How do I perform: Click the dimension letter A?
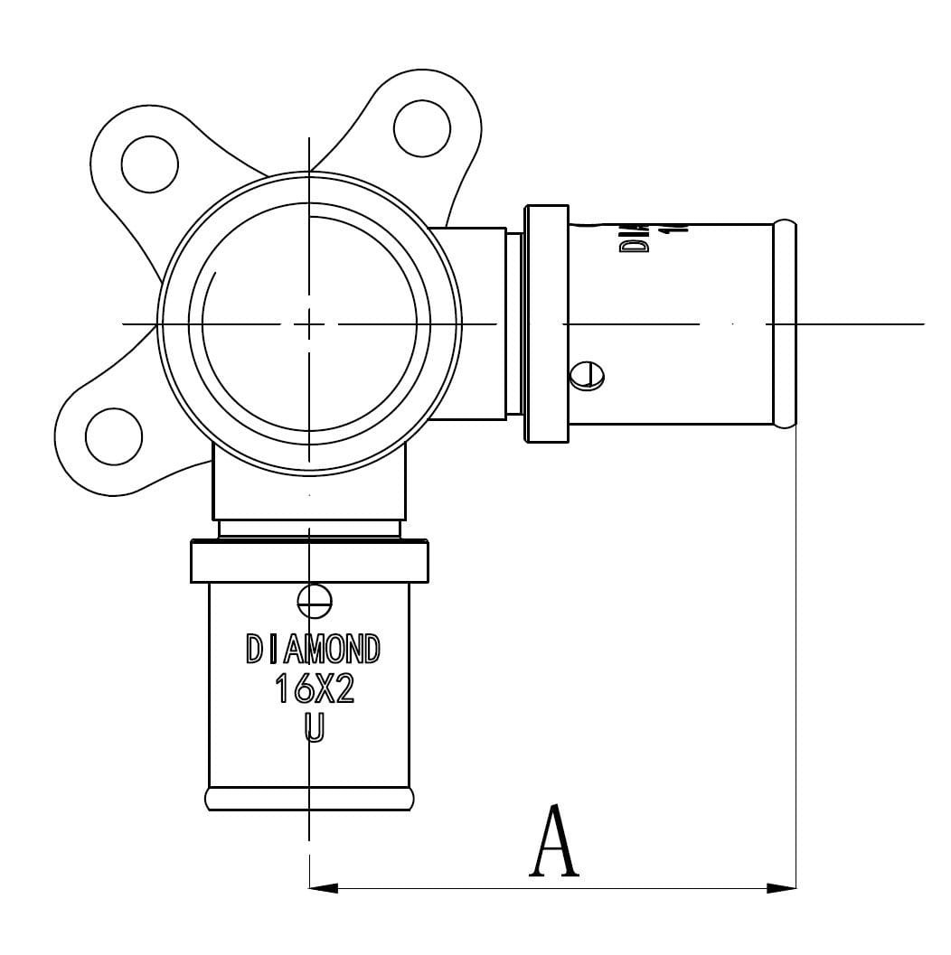553,842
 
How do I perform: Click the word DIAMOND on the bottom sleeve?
313,649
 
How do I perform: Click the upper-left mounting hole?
149,164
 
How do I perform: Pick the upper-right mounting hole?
422,126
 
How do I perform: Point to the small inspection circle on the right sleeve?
588,375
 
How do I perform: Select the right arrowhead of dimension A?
782,888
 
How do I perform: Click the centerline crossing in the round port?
309,323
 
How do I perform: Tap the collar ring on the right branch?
547,323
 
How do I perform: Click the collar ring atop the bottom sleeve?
309,561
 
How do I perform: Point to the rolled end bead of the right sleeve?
785,323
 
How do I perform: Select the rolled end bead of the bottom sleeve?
310,799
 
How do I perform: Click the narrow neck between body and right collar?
513,323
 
